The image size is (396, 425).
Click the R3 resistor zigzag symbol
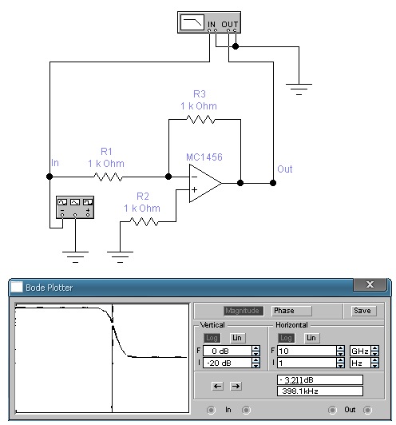[200, 119]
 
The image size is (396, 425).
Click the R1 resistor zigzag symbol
[108, 177]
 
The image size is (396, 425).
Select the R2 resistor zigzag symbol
[144, 222]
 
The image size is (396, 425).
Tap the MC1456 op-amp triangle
[205, 183]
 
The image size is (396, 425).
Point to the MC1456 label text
[204, 157]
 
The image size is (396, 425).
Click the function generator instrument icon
[75, 208]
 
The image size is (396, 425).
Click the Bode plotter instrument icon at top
[209, 22]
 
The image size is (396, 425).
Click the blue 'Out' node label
[285, 169]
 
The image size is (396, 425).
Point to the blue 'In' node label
[55, 163]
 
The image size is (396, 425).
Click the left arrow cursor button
[217, 386]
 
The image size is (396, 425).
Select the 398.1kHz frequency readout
[320, 391]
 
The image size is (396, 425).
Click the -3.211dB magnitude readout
[320, 379]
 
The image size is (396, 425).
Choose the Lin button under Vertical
[237, 338]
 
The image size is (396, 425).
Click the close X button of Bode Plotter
[370, 284]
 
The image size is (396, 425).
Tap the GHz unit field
[361, 351]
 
